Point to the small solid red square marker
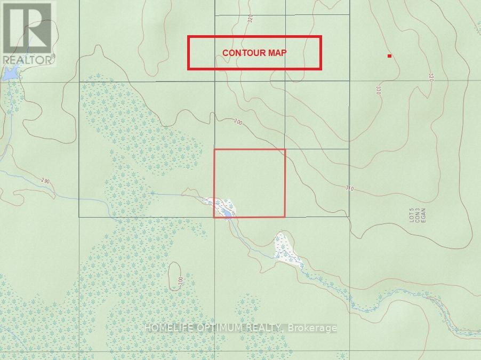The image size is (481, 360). (390, 55)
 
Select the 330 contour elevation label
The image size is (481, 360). (379, 90)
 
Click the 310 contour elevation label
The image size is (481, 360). (349, 188)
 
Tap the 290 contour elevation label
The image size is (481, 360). (45, 181)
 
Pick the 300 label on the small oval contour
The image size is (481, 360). (180, 280)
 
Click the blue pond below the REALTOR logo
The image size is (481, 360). (10, 75)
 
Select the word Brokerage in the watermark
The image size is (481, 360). (312, 327)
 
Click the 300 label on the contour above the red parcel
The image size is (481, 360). (237, 123)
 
